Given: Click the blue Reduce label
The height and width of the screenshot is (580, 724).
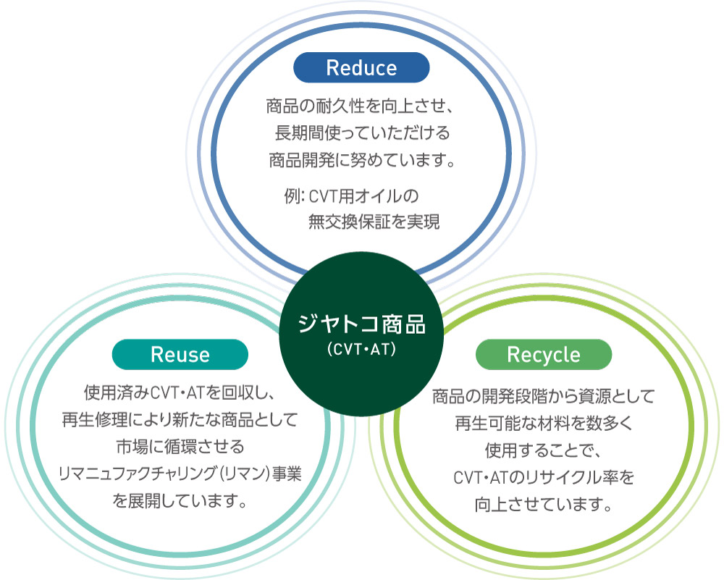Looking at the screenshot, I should pos(361,68).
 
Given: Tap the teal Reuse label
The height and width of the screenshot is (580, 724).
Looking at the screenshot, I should pos(180,355).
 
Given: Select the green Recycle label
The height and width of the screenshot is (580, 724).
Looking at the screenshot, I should pos(544,355).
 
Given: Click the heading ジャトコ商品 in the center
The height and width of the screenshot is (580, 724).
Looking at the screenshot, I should pos(362,324).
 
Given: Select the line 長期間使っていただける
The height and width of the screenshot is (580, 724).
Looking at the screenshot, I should pos(362,134).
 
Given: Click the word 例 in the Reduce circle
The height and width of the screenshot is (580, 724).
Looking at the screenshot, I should pos(292,196).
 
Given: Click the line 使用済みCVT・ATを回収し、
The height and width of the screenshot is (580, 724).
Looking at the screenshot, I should pos(180,395).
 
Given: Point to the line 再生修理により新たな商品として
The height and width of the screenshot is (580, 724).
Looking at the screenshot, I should pos(180,421).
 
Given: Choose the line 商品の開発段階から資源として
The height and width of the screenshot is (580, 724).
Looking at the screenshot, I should pos(543,397).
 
